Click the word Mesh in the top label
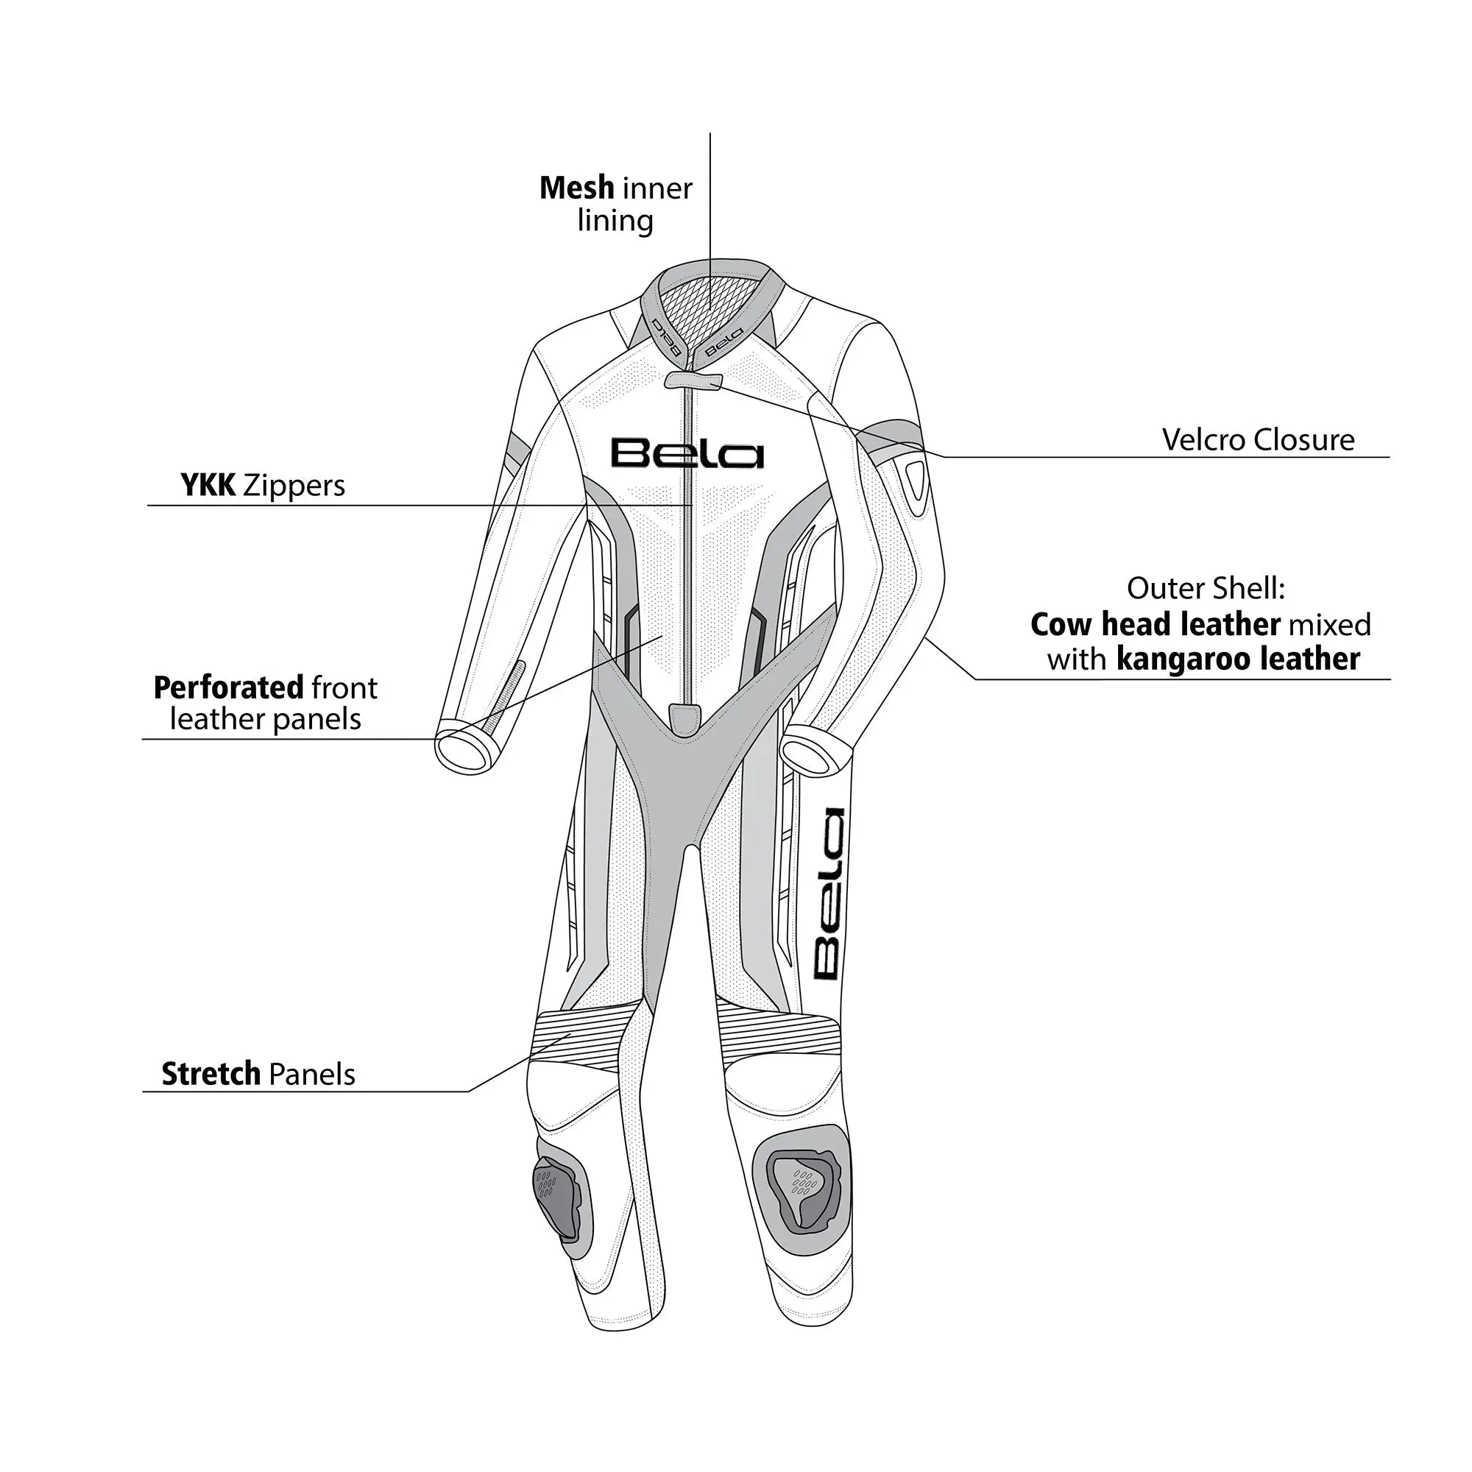(576, 188)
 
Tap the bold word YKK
(208, 485)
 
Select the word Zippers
(294, 485)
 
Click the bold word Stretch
(210, 1075)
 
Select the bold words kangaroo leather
(1237, 659)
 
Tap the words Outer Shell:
(1206, 588)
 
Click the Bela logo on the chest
(687, 453)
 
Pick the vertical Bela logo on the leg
(828, 894)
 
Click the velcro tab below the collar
(693, 381)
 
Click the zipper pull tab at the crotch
(685, 718)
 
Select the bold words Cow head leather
(1154, 625)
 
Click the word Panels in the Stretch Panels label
(311, 1075)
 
